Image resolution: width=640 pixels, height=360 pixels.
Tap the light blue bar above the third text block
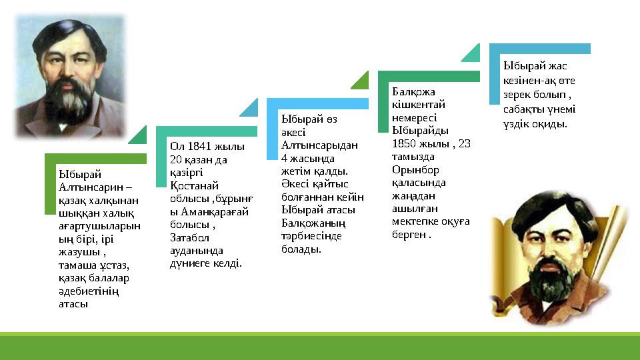317,103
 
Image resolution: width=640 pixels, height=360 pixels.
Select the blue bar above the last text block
540,48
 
